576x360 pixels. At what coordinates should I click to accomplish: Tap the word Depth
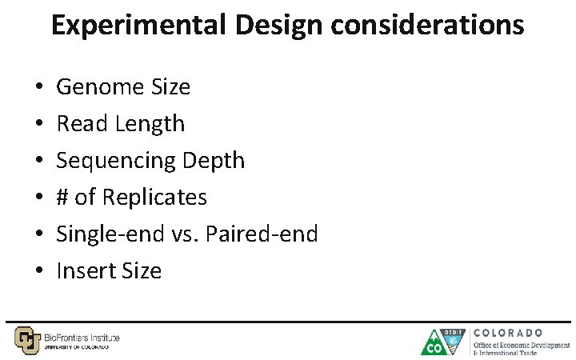214,161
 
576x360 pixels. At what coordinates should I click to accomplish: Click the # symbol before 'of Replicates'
63,198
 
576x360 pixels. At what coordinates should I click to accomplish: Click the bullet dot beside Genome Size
38,87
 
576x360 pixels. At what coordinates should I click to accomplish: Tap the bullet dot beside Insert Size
38,271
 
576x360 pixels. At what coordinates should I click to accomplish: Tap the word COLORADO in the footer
509,332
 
